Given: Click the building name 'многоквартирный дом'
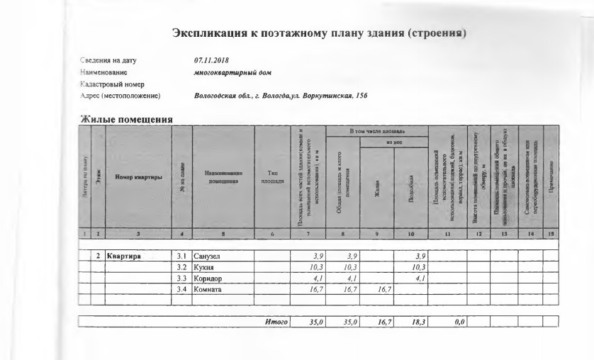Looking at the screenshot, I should (232, 72).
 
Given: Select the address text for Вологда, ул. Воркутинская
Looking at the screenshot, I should (280, 96).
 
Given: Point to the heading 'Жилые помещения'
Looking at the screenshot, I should (125, 119).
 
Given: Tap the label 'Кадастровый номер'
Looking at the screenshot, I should (112, 84).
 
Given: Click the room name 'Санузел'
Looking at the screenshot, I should (208, 255).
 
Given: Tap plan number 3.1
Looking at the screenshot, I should (181, 255).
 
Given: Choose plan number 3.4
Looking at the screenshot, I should (181, 289).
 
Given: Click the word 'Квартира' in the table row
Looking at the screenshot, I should (125, 255).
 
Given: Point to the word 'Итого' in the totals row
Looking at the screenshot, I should (276, 322).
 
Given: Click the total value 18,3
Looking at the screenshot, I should (416, 322).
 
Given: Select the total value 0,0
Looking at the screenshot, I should (458, 322).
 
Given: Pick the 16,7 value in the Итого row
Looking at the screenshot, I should (383, 322).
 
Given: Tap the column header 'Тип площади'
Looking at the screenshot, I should (272, 176).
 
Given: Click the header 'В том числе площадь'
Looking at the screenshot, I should (376, 131).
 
